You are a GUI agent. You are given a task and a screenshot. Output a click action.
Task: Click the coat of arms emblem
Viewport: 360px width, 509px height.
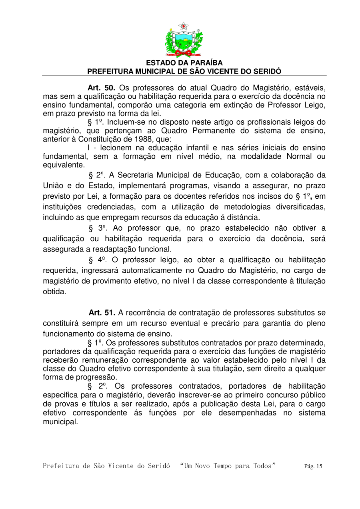[x=184, y=40]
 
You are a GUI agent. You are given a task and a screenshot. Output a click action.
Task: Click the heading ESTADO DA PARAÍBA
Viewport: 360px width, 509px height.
[x=184, y=63]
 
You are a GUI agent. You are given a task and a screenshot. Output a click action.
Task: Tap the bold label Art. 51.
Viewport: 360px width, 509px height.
[x=102, y=312]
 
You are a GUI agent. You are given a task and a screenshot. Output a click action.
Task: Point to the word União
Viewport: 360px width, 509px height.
[x=54, y=186]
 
